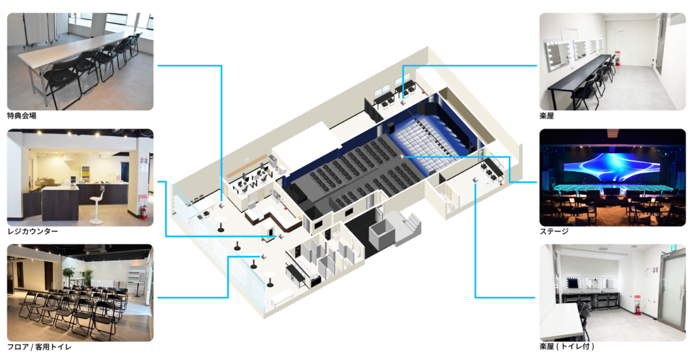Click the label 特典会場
point(22,116)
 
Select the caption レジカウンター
point(32,231)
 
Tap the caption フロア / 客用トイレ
point(39,346)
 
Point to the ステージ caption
point(554,231)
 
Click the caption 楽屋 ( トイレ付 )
point(566,346)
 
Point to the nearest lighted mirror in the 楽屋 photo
point(557,55)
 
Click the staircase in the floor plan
point(407,226)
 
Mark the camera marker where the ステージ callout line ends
point(402,156)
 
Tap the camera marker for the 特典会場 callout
point(221,205)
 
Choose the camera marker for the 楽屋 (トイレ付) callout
point(475,180)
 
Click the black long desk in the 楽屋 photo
point(580,75)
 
